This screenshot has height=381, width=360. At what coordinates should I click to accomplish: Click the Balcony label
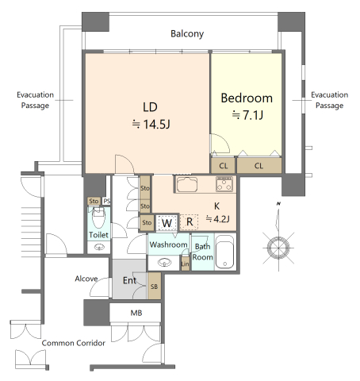click(187, 34)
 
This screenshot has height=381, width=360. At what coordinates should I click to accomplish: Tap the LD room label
click(150, 107)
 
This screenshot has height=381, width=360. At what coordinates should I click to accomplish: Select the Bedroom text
click(247, 98)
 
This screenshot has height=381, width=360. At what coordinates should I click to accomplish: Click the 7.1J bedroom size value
click(253, 115)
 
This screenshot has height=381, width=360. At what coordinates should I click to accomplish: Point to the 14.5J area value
click(156, 124)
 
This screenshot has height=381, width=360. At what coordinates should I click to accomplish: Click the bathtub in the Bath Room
click(224, 252)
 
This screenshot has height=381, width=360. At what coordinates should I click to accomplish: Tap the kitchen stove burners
click(224, 184)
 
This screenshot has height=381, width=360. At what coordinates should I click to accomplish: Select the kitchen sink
click(187, 184)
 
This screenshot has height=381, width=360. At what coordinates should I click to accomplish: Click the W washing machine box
click(167, 222)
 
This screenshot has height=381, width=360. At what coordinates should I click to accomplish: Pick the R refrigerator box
click(190, 222)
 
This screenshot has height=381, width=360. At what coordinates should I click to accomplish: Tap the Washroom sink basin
click(164, 263)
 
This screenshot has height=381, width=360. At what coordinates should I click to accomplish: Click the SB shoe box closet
click(154, 287)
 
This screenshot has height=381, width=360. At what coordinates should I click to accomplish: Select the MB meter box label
click(136, 313)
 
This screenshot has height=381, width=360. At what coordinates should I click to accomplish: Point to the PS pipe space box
click(106, 201)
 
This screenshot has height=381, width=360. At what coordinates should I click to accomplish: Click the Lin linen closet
click(186, 264)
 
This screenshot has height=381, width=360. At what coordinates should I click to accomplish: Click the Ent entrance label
click(129, 280)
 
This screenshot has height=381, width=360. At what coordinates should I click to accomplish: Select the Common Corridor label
click(74, 343)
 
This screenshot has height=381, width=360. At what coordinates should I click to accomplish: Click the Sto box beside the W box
click(147, 222)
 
